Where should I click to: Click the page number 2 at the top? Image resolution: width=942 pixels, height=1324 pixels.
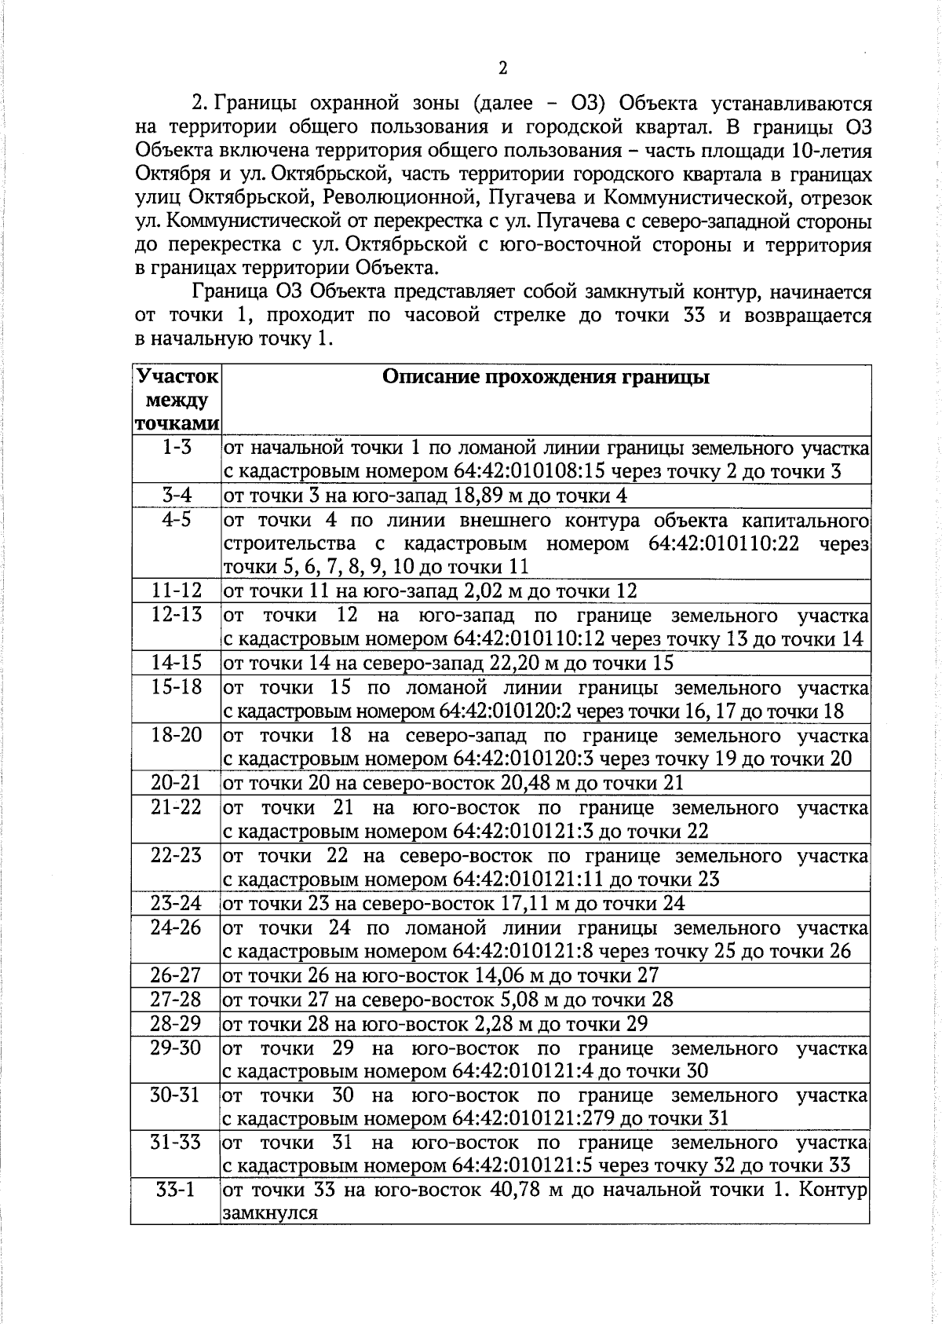click(502, 68)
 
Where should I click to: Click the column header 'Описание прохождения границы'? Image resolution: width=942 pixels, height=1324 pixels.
click(546, 378)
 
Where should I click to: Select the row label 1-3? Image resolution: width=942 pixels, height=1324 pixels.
click(177, 447)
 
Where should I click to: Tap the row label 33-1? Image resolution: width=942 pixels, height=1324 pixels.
click(176, 1190)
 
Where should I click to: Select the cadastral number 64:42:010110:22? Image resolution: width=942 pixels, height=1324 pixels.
click(724, 543)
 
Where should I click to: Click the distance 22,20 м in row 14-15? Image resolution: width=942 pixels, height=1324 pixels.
click(522, 664)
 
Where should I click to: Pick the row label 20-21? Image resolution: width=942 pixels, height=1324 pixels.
click(176, 782)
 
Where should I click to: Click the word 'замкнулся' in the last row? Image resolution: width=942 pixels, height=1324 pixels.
click(270, 1212)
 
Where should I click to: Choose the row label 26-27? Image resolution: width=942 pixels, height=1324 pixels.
click(176, 975)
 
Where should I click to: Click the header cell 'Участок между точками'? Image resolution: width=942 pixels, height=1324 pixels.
click(177, 400)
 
